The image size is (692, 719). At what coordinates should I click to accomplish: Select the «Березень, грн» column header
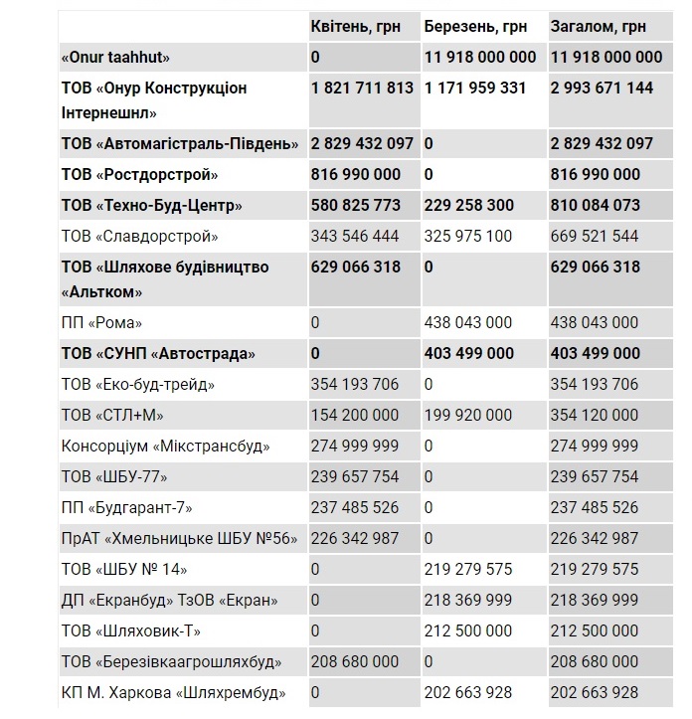[474, 27]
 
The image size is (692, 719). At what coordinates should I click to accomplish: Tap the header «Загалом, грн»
[598, 27]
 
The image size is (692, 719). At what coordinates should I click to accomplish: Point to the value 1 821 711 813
[362, 89]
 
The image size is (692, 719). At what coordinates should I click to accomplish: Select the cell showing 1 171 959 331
[475, 89]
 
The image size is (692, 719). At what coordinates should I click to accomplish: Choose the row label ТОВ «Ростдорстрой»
[139, 175]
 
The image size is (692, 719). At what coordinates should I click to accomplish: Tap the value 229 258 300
[469, 206]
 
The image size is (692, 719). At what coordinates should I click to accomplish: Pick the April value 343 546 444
[355, 237]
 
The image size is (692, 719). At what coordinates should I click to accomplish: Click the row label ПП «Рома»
[102, 323]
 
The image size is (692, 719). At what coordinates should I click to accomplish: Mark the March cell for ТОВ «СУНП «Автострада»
[469, 354]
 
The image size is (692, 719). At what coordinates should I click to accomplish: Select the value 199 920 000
[468, 415]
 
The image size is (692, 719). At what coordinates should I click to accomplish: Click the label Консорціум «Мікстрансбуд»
[165, 447]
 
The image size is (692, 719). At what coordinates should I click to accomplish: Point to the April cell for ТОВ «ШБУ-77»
[355, 477]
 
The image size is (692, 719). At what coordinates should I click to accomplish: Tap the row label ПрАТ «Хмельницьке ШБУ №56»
[179, 539]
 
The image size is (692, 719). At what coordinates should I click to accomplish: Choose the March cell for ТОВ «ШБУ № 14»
[468, 570]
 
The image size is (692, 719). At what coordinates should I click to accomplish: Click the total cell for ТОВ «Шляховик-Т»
[594, 631]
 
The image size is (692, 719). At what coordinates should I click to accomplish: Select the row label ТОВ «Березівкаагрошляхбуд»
[171, 662]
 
